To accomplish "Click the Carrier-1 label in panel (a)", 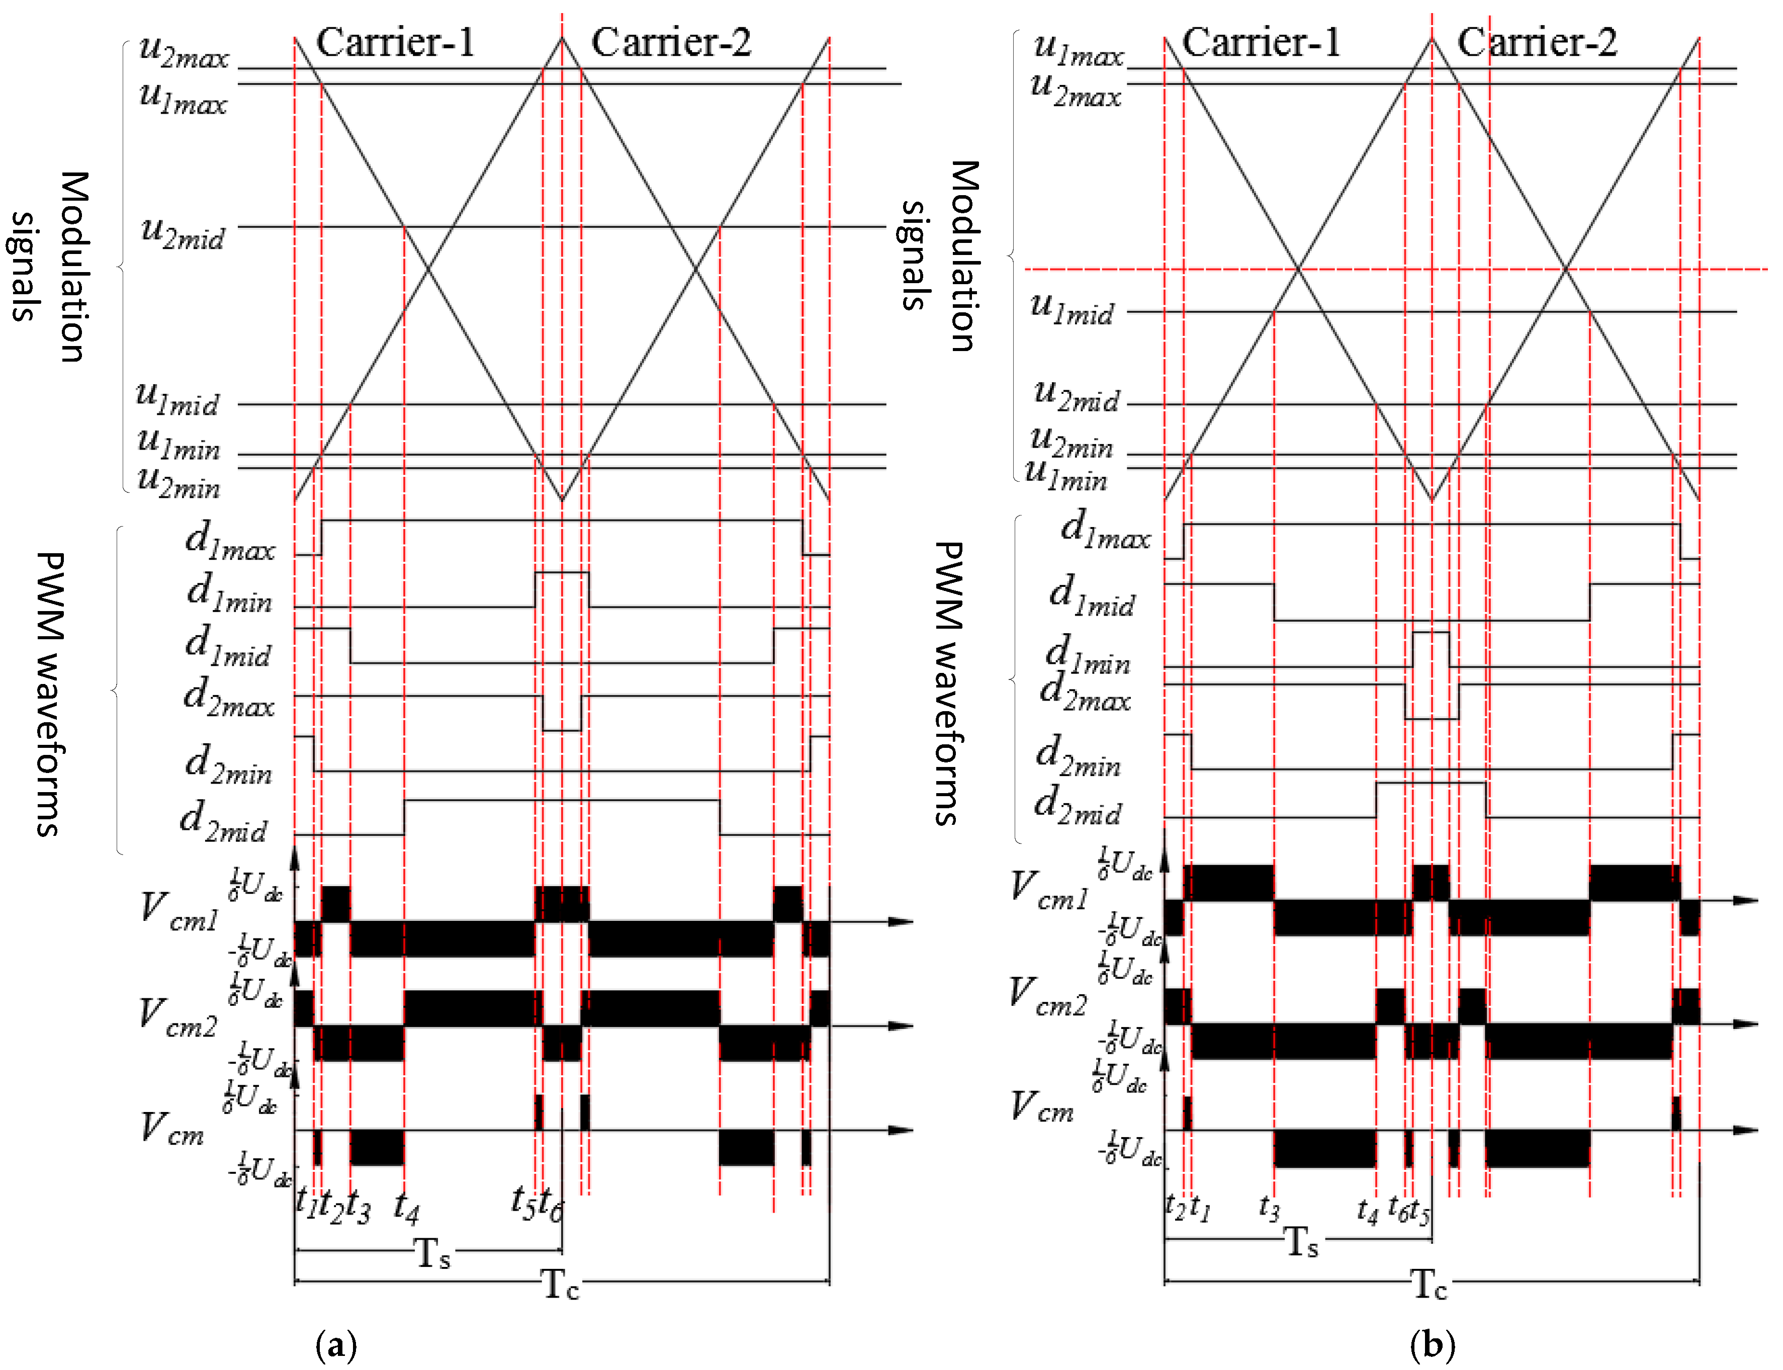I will point(395,42).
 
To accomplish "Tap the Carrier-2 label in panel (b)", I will point(1536,42).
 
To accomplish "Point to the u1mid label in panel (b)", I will point(1072,309).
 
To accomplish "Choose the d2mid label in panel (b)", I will point(1077,806).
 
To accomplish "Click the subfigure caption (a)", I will point(336,1344).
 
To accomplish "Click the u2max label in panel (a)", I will point(184,51).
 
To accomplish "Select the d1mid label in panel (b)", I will point(1091,596).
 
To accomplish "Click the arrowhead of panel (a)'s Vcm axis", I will point(901,1130).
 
